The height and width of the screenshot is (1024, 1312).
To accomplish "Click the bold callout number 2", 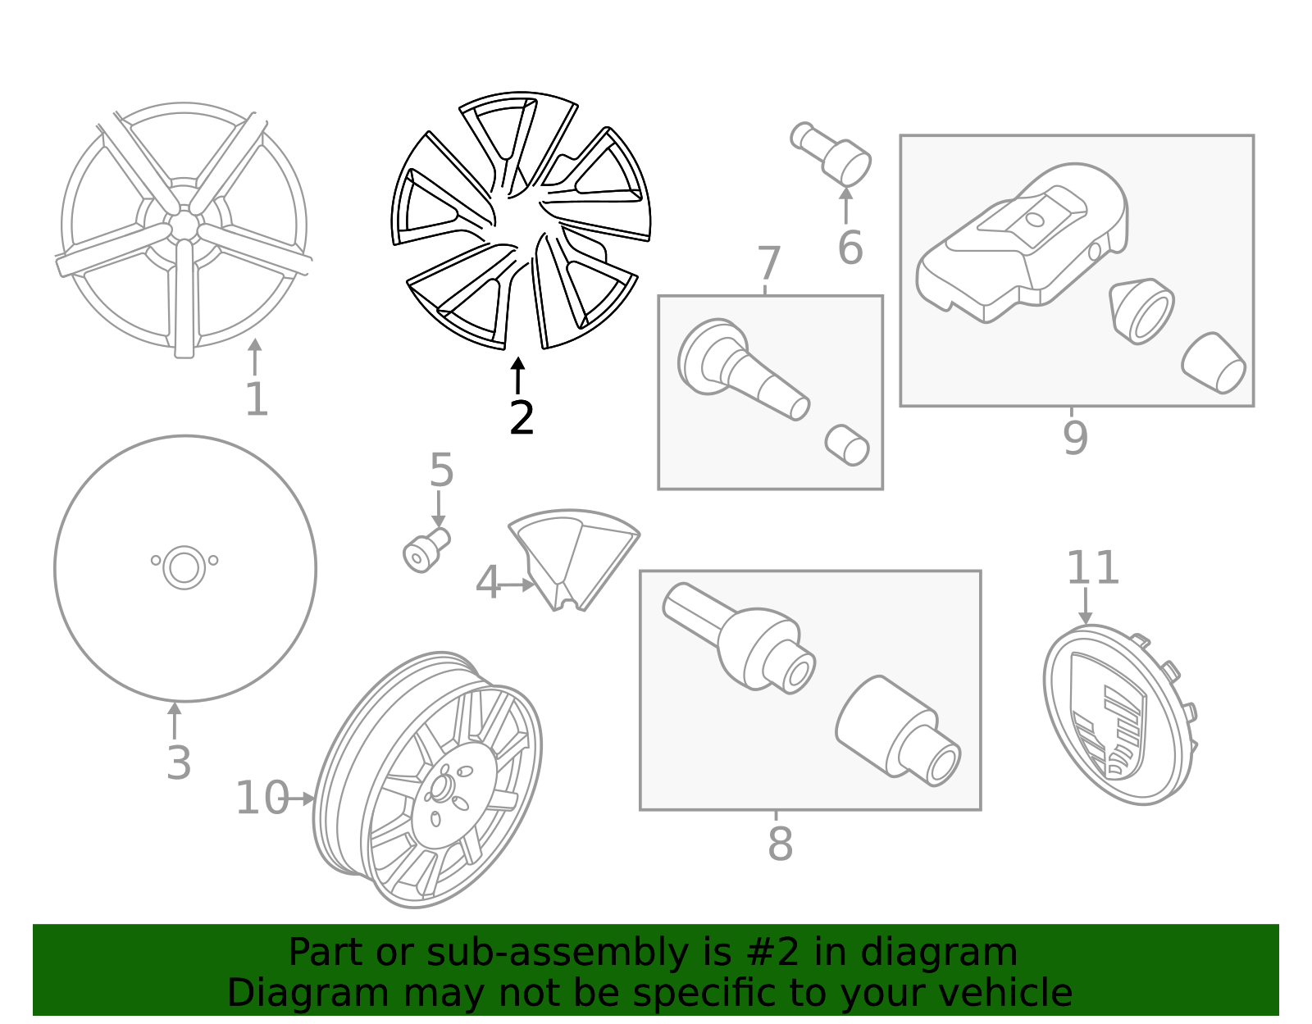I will [522, 419].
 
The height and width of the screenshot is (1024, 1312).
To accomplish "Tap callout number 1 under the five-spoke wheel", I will [257, 400].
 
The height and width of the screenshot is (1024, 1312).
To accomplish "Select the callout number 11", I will [1092, 568].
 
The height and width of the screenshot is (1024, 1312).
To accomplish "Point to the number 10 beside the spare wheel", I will [262, 798].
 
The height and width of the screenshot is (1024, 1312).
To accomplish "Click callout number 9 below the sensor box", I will [1075, 438].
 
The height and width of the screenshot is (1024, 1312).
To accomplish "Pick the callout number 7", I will [768, 264].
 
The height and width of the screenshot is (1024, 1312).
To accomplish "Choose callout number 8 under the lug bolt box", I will [780, 844].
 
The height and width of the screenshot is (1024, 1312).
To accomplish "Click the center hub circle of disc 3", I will [184, 567].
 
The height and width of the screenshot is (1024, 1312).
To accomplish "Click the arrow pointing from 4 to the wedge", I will [517, 585].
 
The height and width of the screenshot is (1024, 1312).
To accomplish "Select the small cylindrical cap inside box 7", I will [847, 445].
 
